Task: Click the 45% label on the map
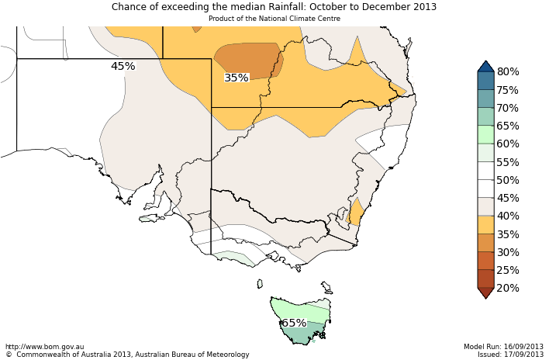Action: point(123,67)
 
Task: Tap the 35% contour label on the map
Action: point(237,78)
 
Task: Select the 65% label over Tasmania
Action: point(293,323)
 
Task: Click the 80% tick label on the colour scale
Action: point(508,72)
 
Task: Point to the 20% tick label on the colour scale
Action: point(508,288)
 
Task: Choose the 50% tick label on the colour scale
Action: point(508,180)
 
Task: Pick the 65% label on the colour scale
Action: point(508,126)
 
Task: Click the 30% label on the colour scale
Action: point(508,252)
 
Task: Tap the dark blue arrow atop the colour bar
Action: point(485,67)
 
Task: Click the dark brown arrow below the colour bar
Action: point(485,292)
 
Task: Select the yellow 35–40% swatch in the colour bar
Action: point(485,225)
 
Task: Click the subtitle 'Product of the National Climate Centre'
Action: point(274,18)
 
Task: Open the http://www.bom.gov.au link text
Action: point(45,347)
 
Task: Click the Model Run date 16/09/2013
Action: point(523,347)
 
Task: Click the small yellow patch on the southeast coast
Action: point(357,212)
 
